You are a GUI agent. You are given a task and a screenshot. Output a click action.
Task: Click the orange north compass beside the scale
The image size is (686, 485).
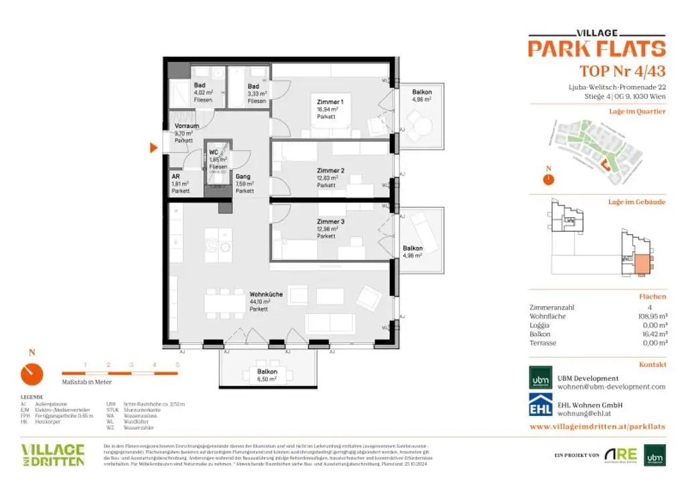[31, 373]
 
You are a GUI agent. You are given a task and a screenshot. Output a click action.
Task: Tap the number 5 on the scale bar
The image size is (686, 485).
[177, 364]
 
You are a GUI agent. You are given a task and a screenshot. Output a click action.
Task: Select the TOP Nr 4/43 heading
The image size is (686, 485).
[622, 72]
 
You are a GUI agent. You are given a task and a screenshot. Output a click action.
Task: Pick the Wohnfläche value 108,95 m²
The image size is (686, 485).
[652, 316]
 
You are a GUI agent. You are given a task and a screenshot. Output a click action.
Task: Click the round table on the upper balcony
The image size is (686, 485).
[420, 126]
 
